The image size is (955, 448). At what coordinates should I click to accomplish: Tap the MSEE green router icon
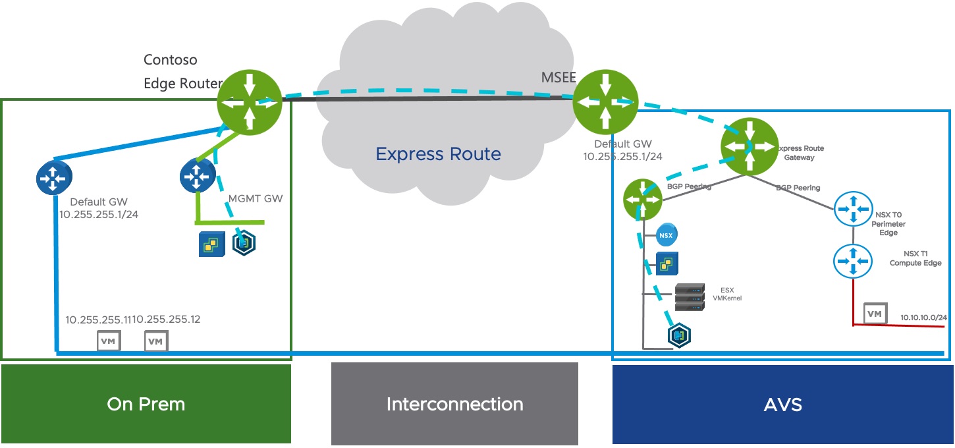coord(605,101)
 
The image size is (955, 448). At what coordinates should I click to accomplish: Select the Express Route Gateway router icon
coord(749,145)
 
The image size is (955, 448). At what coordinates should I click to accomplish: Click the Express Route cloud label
coord(438,154)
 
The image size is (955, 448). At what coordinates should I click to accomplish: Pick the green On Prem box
coord(146,404)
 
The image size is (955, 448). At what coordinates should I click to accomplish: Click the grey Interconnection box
coord(454,404)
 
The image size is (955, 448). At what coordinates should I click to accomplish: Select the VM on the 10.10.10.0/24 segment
coord(874,314)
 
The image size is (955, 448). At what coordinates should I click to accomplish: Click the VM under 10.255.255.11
coord(109,341)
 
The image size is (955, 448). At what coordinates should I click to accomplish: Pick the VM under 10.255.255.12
coord(155,341)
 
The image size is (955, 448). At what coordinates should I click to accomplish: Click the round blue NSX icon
coord(667,235)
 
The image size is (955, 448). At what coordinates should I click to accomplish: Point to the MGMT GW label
coord(255,198)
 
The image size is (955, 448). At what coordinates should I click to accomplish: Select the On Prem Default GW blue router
coord(54,177)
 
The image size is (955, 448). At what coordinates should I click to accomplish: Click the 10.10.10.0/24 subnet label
coord(923,318)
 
